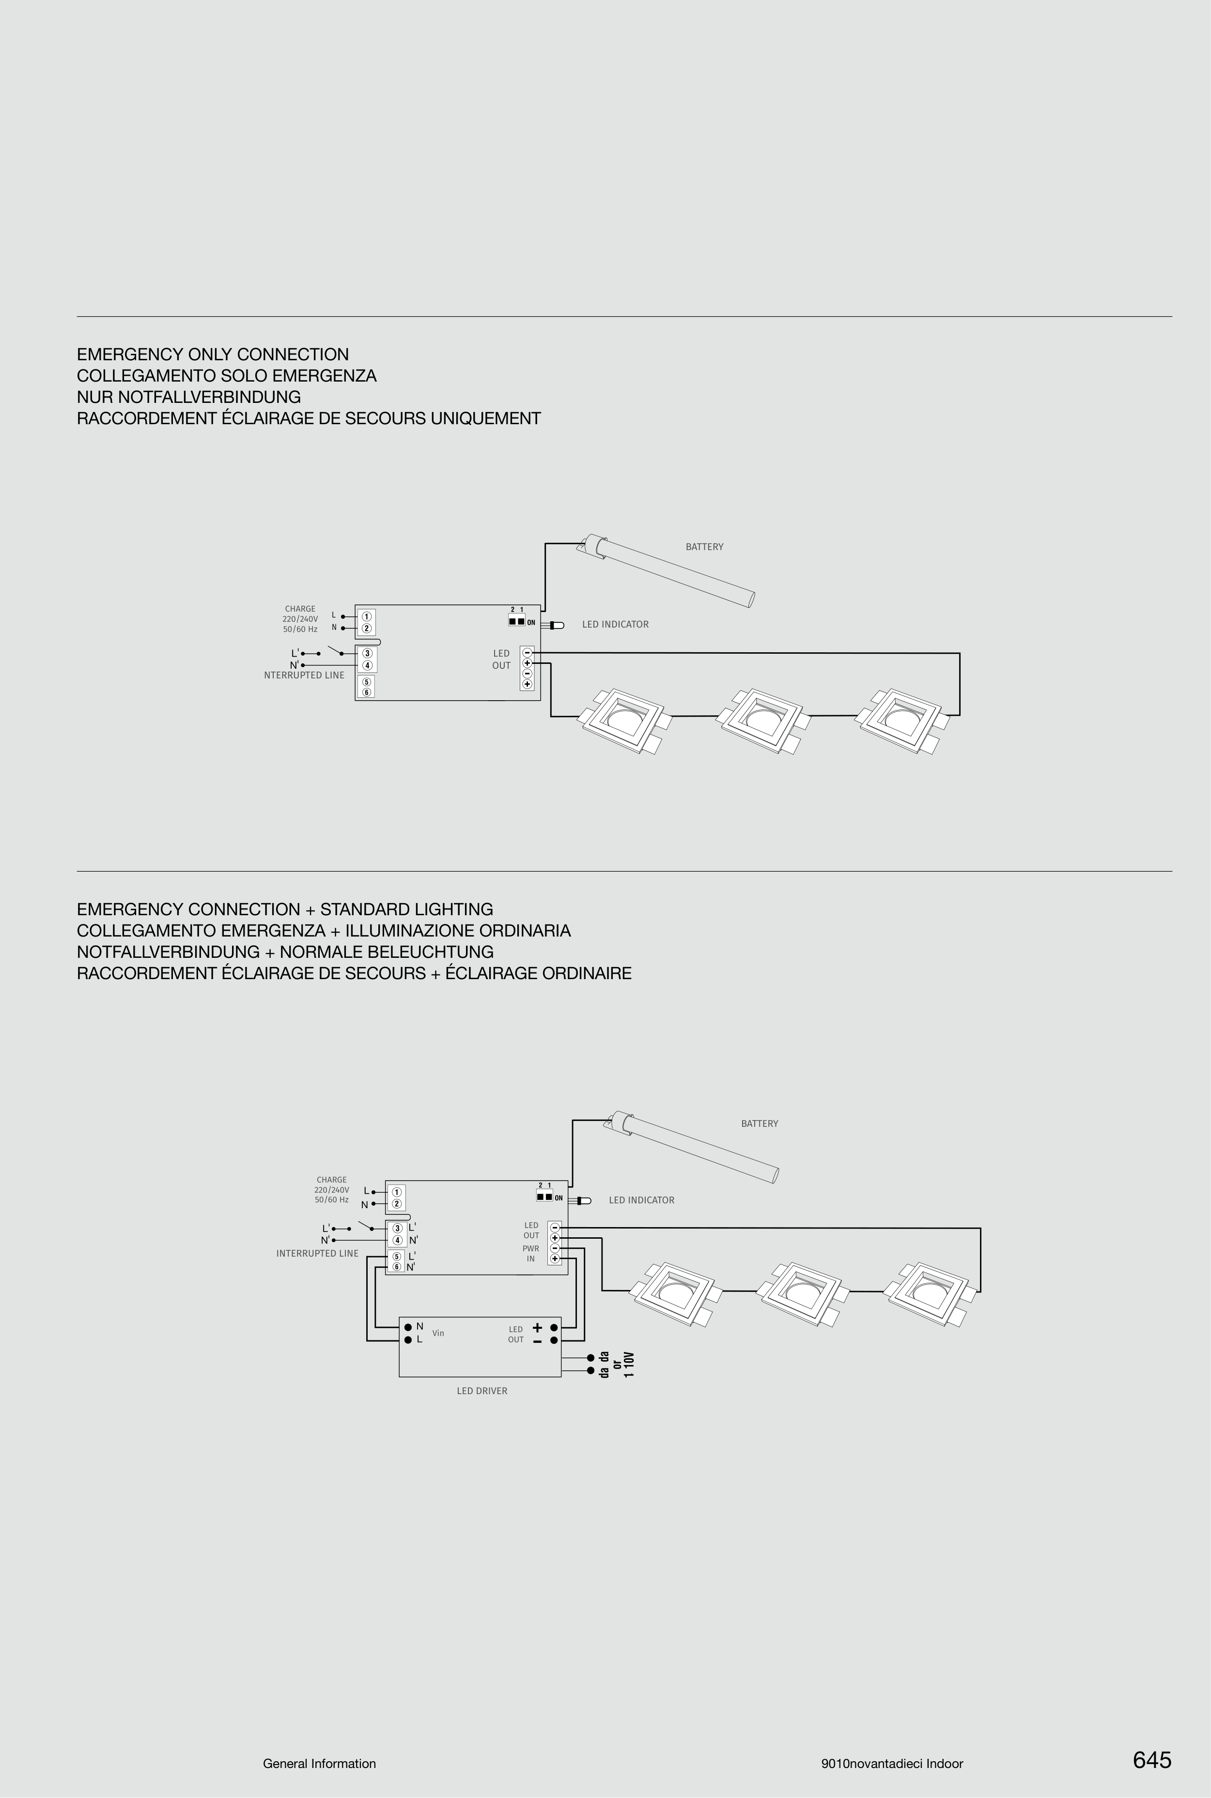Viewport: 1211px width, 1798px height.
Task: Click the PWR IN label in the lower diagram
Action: point(530,1253)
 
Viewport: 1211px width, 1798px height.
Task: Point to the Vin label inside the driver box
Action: point(438,1333)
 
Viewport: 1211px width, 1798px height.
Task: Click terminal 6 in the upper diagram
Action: point(367,692)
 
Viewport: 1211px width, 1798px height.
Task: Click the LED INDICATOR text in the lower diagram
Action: point(641,1199)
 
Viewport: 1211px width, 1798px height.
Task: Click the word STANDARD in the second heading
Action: point(365,909)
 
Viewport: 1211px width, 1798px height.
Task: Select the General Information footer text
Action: point(319,1763)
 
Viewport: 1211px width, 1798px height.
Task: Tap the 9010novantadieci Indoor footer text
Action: point(892,1763)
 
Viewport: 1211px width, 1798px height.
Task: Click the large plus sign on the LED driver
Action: point(538,1328)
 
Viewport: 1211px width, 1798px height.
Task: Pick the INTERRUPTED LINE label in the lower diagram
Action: point(317,1253)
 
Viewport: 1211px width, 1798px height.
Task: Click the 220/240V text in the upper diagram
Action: point(300,618)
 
